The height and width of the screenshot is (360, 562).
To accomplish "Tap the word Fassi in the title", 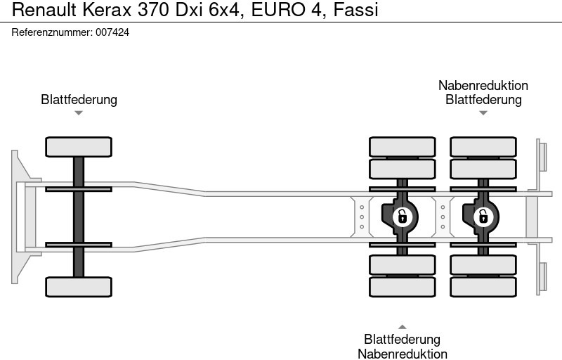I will pyautogui.click(x=356, y=10).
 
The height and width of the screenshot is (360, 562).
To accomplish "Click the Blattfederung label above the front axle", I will pyautogui.click(x=79, y=99).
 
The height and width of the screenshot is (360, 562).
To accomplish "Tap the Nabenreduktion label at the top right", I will pyautogui.click(x=483, y=85).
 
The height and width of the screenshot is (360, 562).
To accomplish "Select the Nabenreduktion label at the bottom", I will pyautogui.click(x=403, y=354).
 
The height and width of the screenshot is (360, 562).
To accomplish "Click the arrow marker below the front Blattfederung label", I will pyautogui.click(x=79, y=113).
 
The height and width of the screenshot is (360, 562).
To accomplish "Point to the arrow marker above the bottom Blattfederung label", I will pyautogui.click(x=403, y=326).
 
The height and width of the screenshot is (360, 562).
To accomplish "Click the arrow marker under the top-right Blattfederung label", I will pyautogui.click(x=483, y=113).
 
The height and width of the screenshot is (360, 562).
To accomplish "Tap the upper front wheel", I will pyautogui.click(x=79, y=147).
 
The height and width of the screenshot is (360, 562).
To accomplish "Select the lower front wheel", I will pyautogui.click(x=79, y=286).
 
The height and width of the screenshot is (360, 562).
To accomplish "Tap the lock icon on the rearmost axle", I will pyautogui.click(x=483, y=217).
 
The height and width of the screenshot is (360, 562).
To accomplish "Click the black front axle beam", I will pyautogui.click(x=79, y=217).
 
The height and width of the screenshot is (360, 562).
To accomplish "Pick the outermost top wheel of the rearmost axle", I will pyautogui.click(x=483, y=146).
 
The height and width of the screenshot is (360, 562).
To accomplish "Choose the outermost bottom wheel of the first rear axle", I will pyautogui.click(x=403, y=287).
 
